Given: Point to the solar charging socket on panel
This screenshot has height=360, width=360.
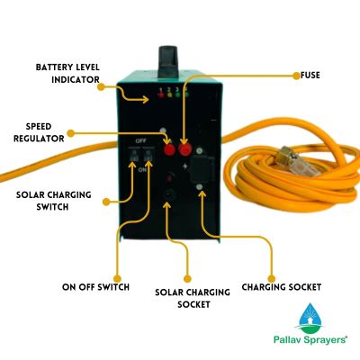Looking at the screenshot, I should (168, 192).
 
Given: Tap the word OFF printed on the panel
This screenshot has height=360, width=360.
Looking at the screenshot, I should (140, 140).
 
